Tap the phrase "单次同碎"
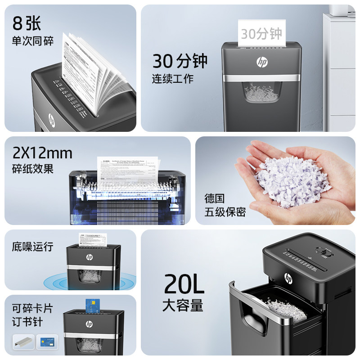[x=32, y=41]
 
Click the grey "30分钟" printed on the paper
[x=261, y=34]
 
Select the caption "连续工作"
[x=172, y=78]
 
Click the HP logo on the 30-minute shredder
[x=262, y=62]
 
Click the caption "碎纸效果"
[x=33, y=169]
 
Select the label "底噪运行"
[x=32, y=247]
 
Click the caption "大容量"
[x=183, y=306]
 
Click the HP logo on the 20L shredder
[x=288, y=278]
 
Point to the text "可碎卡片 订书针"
[x=32, y=315]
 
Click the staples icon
[x=23, y=341]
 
